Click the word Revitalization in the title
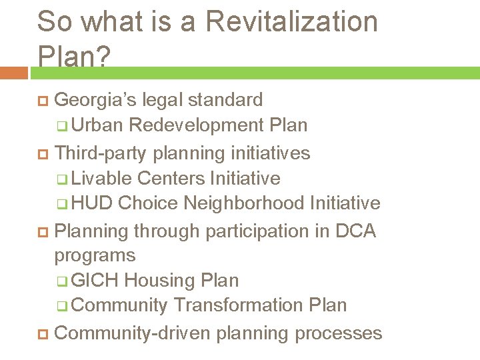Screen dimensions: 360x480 (292, 21)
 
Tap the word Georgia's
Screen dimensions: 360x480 (93, 100)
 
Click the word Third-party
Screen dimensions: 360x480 (101, 153)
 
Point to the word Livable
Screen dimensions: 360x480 (102, 179)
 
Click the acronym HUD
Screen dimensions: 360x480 (93, 203)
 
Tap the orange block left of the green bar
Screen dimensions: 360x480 (13, 72)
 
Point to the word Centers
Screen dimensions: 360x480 (171, 179)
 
